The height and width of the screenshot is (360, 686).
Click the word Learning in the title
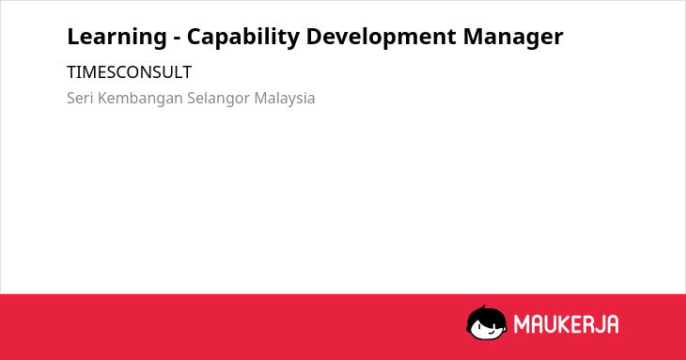(x=117, y=38)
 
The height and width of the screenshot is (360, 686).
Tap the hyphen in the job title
(x=178, y=39)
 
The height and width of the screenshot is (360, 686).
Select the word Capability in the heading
(x=243, y=38)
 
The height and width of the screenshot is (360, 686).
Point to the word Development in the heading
(x=381, y=38)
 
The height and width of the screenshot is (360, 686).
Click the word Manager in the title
(x=513, y=38)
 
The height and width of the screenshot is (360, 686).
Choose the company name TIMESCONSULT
(x=129, y=72)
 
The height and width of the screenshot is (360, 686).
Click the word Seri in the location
(x=80, y=98)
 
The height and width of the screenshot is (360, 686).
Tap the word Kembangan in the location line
(x=140, y=99)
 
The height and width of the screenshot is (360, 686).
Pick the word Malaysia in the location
(x=285, y=99)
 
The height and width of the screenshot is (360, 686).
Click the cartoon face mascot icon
(x=487, y=322)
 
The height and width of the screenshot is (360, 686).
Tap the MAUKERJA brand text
(x=566, y=324)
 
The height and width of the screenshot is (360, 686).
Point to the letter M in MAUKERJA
(x=522, y=324)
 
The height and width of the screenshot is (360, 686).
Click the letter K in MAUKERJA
(x=564, y=324)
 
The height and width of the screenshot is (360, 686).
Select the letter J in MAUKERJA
(x=598, y=324)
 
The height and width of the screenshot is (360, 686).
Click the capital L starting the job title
(x=73, y=37)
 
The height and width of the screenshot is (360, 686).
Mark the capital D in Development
(x=314, y=37)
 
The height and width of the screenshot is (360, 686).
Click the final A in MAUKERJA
(x=613, y=324)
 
